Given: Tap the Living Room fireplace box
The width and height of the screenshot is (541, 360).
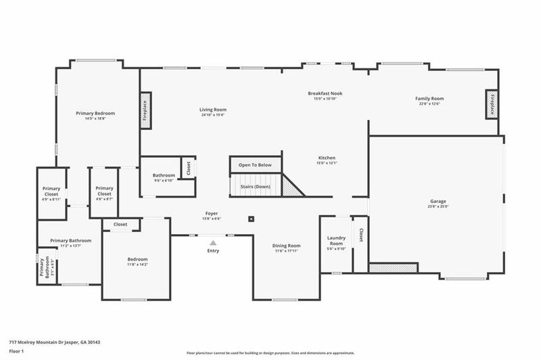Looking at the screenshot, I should click(145, 110).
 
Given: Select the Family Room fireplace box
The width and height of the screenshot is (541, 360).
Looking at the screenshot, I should click(492, 104).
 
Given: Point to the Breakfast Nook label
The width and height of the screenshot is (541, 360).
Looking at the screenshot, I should click(325, 93).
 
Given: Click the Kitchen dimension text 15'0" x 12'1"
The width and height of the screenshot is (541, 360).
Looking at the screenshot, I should click(326, 163).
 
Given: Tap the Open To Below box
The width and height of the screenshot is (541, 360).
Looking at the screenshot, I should click(255, 165).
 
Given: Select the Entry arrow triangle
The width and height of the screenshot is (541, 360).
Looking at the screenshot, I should click(213, 242).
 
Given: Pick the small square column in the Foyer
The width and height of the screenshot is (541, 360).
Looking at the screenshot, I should click(252, 219).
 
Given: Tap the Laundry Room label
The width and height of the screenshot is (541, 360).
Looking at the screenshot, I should click(336, 240).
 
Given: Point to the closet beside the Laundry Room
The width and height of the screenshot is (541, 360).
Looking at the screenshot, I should click(360, 235).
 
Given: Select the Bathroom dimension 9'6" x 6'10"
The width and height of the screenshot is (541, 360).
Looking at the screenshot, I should click(164, 181).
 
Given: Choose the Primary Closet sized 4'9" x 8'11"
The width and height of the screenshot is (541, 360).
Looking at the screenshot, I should click(51, 194).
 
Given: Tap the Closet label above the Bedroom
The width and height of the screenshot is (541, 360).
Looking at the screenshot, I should click(120, 224).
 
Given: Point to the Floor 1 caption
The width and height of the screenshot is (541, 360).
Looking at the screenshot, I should click(16, 352).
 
